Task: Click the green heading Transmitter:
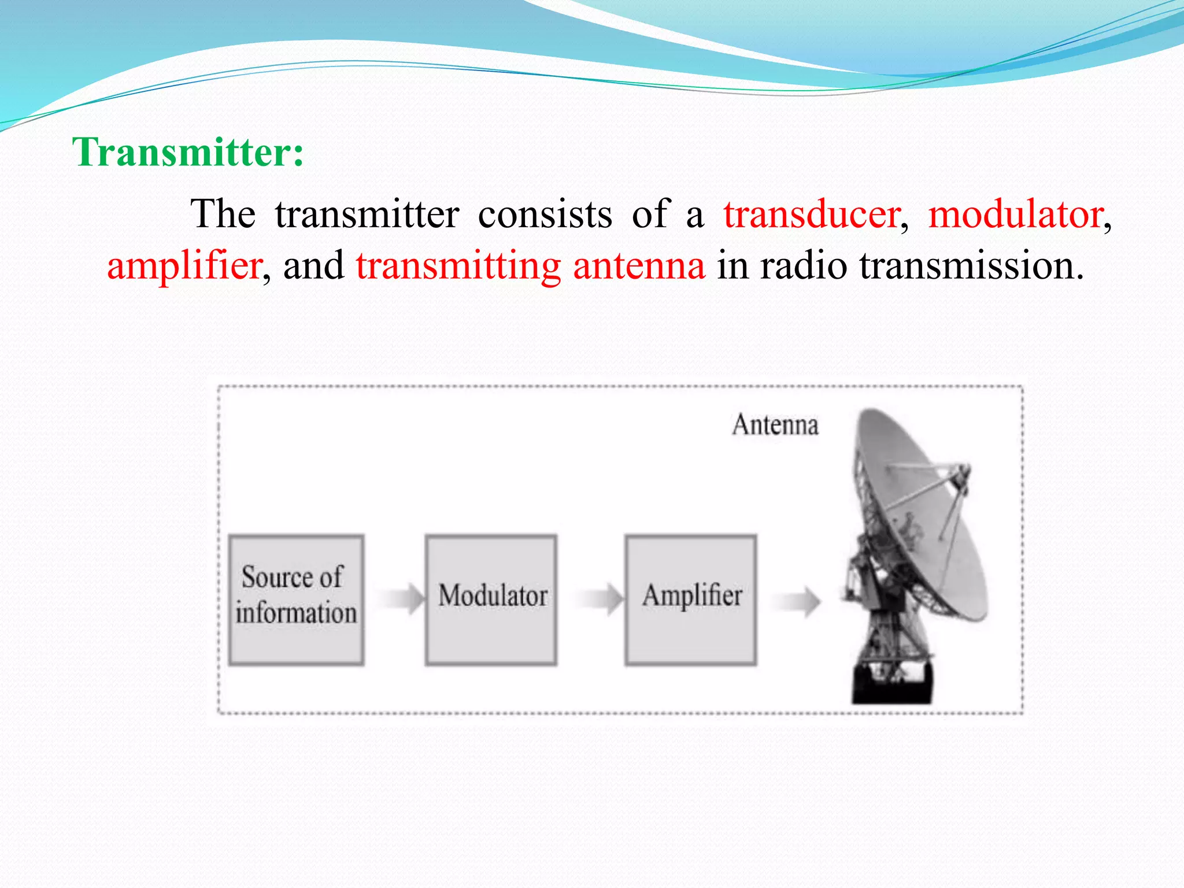tap(188, 153)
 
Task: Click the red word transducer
tap(812, 214)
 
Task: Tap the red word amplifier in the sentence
tap(184, 266)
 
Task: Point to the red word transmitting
tap(458, 266)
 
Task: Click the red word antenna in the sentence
tap(639, 266)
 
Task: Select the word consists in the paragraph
tap(545, 214)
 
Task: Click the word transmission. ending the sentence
tap(971, 266)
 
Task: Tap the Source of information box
tap(296, 600)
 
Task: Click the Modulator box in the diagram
tap(491, 600)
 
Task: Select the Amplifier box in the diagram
tap(691, 600)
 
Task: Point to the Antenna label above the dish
tap(775, 425)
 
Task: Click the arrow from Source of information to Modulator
tap(402, 598)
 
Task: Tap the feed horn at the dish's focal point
tap(963, 478)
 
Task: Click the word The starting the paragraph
tap(223, 214)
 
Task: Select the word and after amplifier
tap(313, 266)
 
